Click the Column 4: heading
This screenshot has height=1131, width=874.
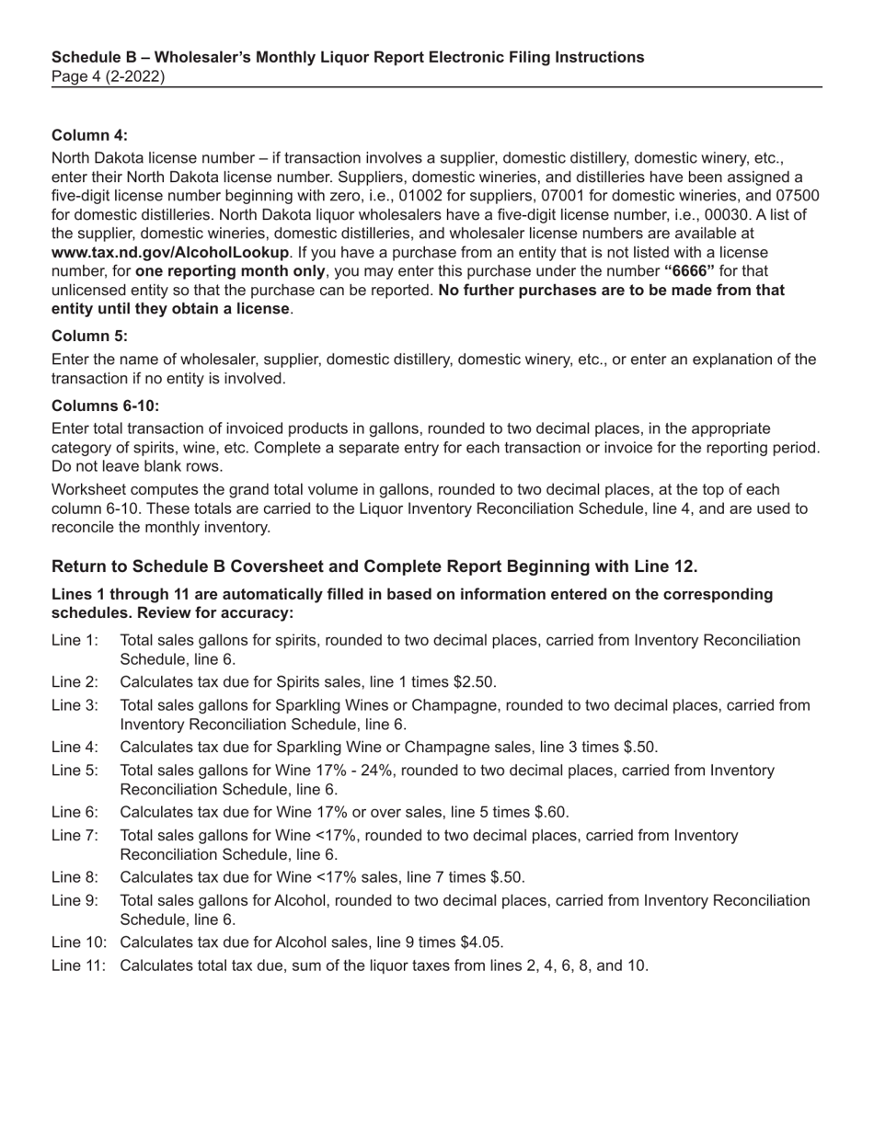coord(89,135)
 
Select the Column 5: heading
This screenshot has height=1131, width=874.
coord(89,336)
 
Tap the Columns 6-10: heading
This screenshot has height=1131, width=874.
coord(105,406)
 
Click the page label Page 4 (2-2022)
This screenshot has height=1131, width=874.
coord(109,77)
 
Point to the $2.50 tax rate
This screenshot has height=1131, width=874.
coord(475,682)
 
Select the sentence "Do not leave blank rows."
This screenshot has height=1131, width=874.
coord(137,465)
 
